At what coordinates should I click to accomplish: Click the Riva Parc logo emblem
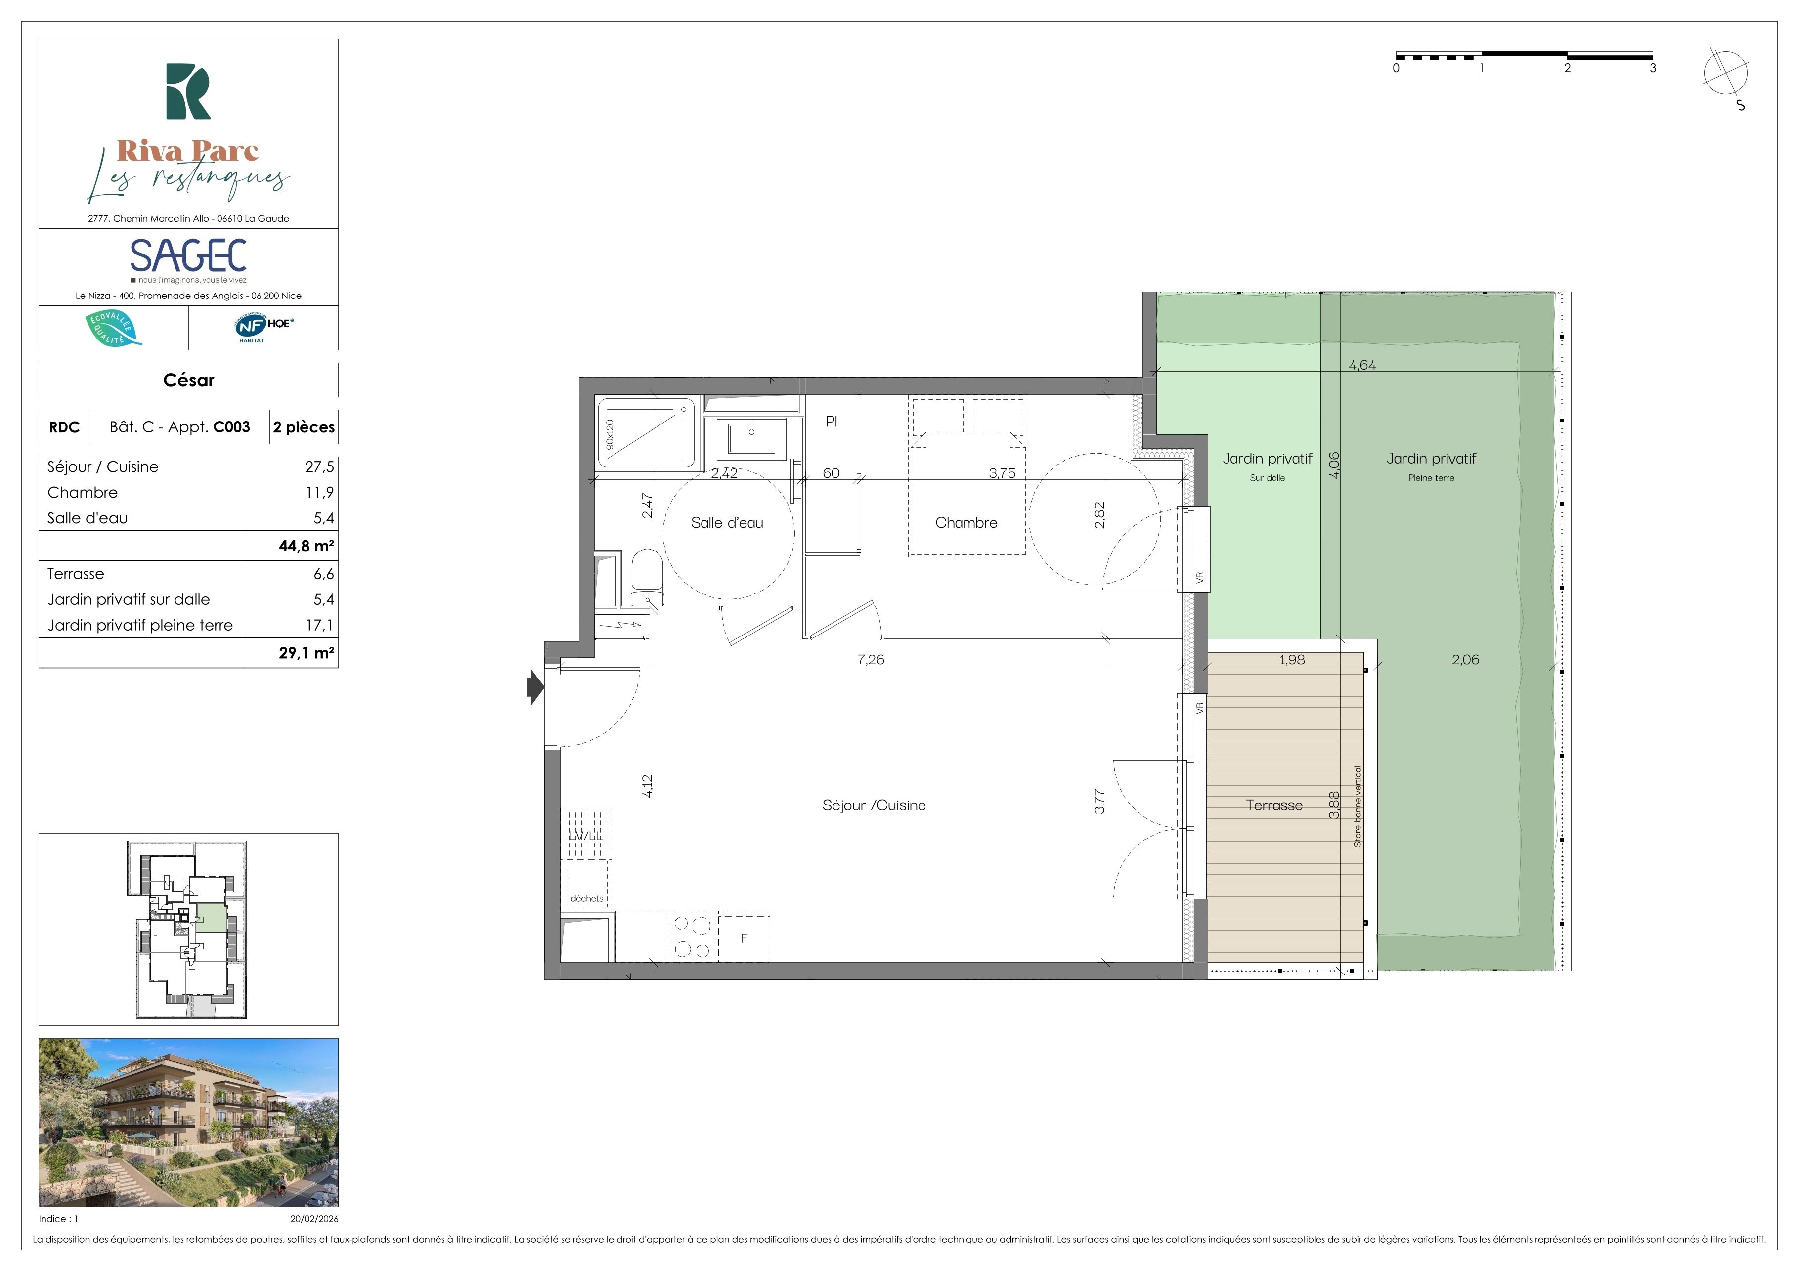(x=188, y=91)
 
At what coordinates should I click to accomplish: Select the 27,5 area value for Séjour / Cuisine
(x=319, y=467)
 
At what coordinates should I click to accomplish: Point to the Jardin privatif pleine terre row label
(x=140, y=625)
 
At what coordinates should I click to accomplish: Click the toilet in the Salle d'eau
(x=646, y=578)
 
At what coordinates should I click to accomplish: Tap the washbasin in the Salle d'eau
(x=751, y=438)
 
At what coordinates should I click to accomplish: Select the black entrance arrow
(x=535, y=688)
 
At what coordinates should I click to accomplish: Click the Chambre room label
(x=966, y=523)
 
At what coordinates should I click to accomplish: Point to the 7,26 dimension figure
(x=871, y=660)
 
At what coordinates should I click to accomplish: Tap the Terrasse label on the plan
(x=1274, y=805)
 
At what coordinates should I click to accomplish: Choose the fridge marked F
(x=744, y=937)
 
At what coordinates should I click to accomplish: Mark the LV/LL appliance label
(x=586, y=836)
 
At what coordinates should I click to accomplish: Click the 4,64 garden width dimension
(x=1362, y=365)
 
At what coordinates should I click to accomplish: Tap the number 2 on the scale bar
(x=1567, y=68)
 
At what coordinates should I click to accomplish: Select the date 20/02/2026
(x=314, y=1219)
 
